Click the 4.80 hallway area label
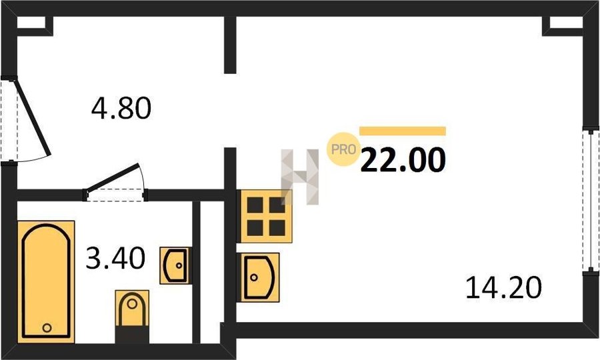click(x=121, y=108)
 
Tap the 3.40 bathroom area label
click(x=115, y=258)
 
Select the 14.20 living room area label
click(x=503, y=288)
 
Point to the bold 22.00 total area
click(x=403, y=160)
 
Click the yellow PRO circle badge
click(x=343, y=149)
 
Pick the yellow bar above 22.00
click(x=403, y=131)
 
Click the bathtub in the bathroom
click(x=46, y=281)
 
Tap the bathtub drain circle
click(x=47, y=328)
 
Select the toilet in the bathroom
click(x=132, y=316)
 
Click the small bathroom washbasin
click(x=175, y=265)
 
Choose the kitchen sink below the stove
click(x=258, y=277)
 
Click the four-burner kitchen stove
click(x=265, y=216)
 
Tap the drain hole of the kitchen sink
click(x=254, y=277)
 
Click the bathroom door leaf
click(x=113, y=177)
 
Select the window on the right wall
click(x=591, y=201)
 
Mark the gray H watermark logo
click(x=299, y=177)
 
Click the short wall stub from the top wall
click(x=230, y=45)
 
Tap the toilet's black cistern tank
click(x=132, y=335)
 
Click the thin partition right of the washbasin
click(x=196, y=272)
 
